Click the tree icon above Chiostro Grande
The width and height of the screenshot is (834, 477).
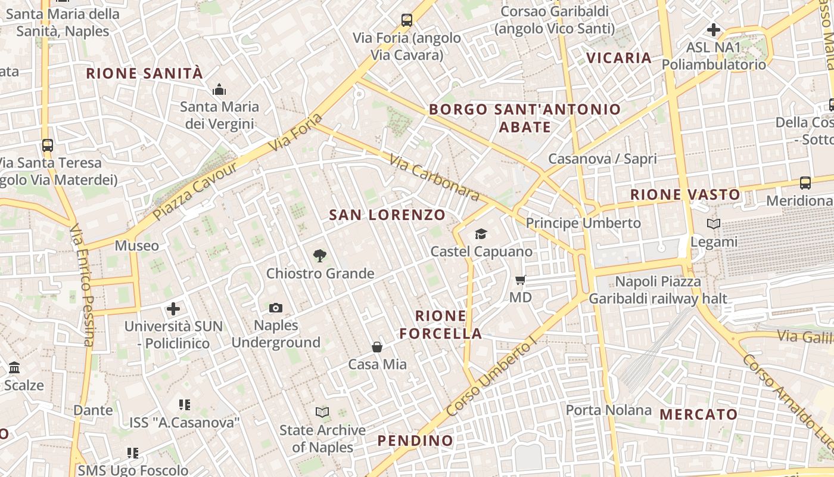coord(320,256)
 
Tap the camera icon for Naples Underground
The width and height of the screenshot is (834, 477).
coord(276,308)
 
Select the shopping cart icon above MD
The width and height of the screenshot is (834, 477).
coord(521,280)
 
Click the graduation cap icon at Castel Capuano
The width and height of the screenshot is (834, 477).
coord(481,234)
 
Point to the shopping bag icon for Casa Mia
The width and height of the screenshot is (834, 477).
coord(377,346)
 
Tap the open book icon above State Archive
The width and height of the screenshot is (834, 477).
coord(322,412)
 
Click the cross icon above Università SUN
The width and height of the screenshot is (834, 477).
coord(173,309)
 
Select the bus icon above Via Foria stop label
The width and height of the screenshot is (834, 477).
coord(407,20)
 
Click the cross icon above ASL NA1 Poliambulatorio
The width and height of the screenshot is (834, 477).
coord(714,29)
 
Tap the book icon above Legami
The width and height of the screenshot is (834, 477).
coord(714,224)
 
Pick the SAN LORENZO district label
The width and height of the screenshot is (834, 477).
coord(387,215)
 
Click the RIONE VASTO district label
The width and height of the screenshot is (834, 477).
coord(685,194)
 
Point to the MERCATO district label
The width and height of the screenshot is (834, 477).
coord(699,414)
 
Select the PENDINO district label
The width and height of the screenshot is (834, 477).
coord(415,441)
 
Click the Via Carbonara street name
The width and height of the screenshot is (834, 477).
coord(435,178)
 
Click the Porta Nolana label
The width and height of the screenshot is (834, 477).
coord(609,410)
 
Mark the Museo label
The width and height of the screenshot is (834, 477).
coord(137,246)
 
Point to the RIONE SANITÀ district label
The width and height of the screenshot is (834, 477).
coord(145,73)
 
